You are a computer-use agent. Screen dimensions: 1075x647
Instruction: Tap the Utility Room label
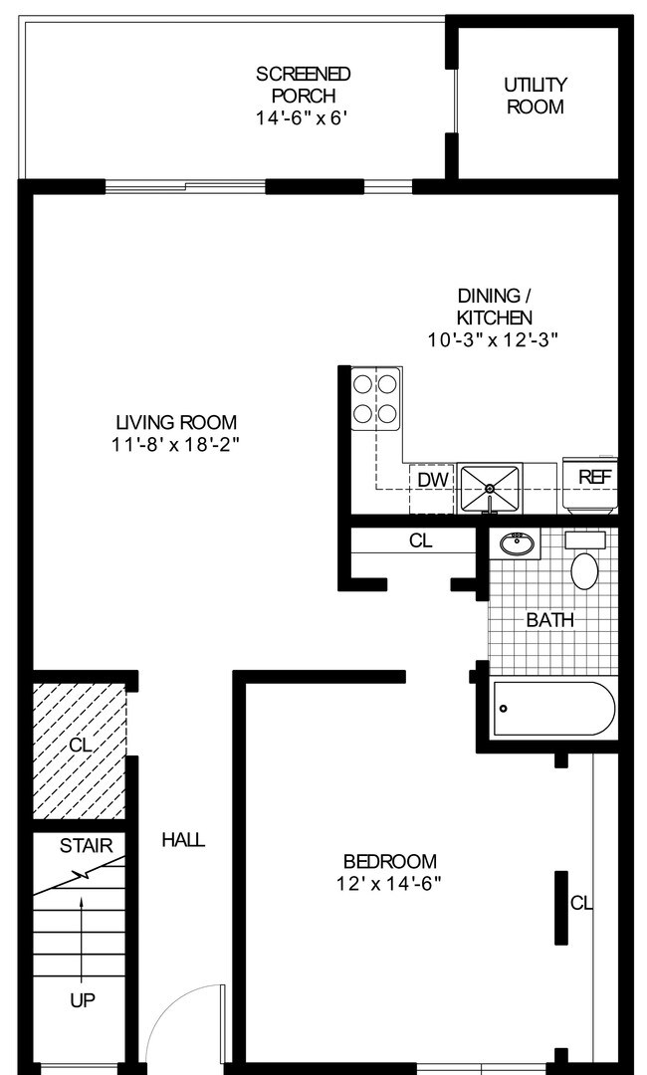coord(535,96)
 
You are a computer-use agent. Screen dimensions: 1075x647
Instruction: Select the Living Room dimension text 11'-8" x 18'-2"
coord(175,445)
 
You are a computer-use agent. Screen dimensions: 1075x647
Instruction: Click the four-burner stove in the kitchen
coord(377,398)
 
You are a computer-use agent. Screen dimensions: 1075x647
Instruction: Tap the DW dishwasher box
coord(431,479)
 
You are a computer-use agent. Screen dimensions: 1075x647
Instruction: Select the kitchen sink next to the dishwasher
coord(490,489)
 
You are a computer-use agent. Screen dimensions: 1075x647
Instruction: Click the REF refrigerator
coord(593,478)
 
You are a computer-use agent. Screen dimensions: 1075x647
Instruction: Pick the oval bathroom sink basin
coord(516,543)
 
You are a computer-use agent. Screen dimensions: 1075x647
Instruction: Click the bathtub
coord(553,708)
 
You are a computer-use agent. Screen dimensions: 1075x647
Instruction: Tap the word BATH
coord(550,620)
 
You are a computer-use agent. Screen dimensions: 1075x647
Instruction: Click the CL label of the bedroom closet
coord(581,904)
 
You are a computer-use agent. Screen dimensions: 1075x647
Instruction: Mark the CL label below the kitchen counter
coord(421,541)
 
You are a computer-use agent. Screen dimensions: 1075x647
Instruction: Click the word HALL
coord(183,840)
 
